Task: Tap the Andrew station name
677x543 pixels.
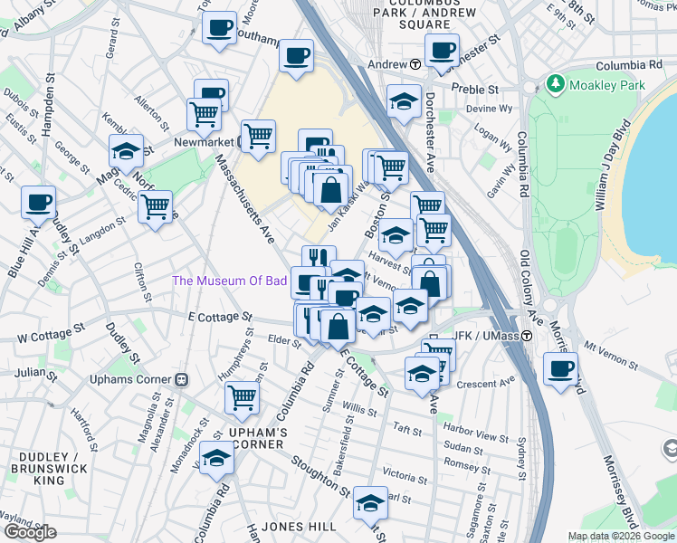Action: coord(386,64)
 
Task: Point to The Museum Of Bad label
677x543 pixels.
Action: coord(230,281)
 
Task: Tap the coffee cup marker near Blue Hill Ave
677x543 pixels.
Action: coord(38,203)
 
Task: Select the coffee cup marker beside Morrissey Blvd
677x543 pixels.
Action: coord(561,369)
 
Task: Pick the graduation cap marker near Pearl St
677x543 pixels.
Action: coord(370,502)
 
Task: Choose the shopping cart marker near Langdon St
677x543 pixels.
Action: coord(156,205)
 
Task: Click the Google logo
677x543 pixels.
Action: coord(31,532)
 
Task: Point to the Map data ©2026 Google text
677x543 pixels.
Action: coord(622,536)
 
